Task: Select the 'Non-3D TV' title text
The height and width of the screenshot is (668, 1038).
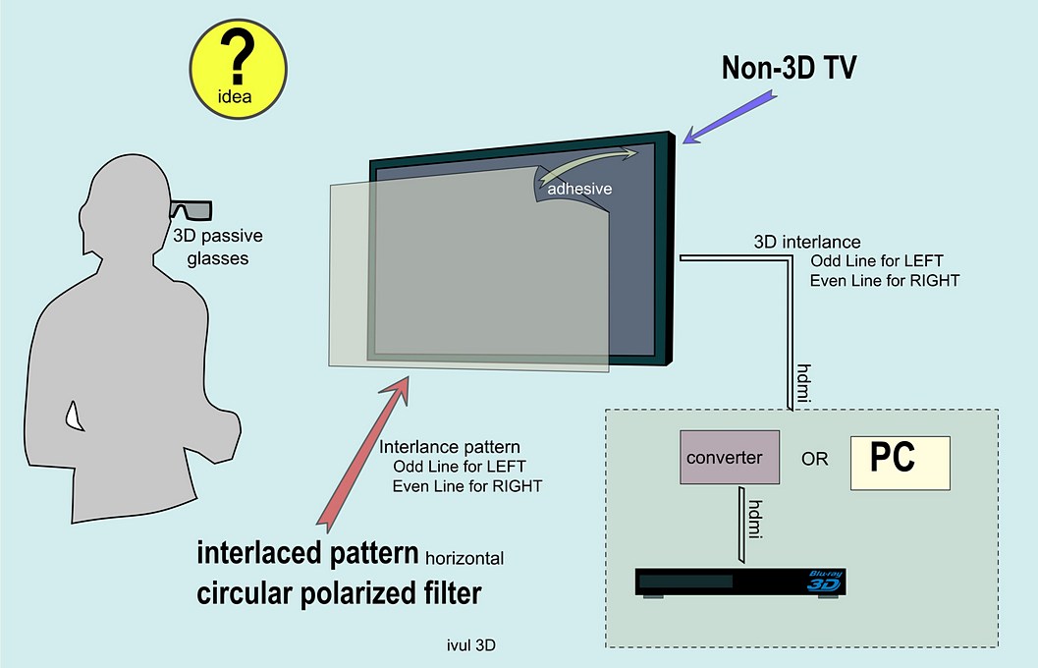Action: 790,67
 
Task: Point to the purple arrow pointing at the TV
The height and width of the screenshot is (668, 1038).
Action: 726,113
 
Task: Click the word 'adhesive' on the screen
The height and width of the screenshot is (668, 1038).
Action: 579,188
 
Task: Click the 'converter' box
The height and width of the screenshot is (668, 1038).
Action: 730,457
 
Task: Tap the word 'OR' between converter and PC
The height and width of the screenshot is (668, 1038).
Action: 815,459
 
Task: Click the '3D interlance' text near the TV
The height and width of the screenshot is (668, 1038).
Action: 807,242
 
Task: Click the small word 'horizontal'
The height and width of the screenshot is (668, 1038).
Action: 464,558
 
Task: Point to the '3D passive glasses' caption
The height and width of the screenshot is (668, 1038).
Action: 217,247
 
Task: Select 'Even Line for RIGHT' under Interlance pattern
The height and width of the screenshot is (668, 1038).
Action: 466,485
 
